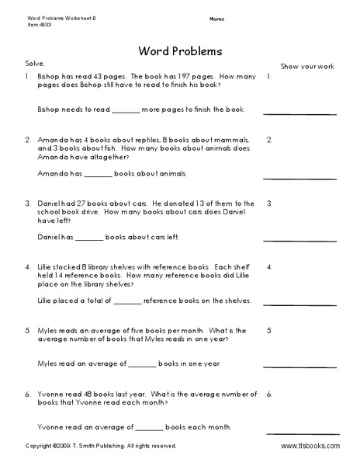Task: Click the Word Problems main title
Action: coord(180,51)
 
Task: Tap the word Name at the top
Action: coord(217,17)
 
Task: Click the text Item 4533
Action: coord(21,23)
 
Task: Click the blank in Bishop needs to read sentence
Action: coord(127,110)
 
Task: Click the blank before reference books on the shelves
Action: coord(128,301)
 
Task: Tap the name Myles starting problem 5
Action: coord(49,330)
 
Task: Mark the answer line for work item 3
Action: coord(299,239)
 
